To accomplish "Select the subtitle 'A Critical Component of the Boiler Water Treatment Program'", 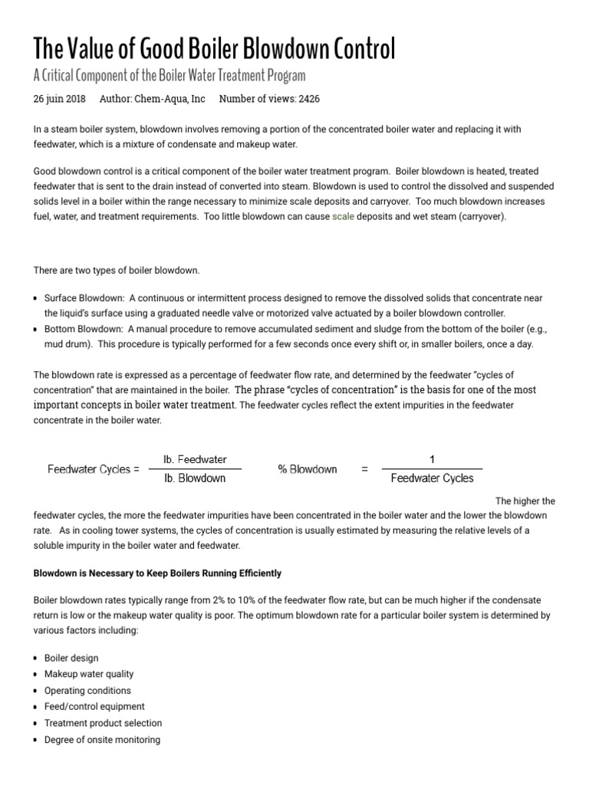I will (x=169, y=76).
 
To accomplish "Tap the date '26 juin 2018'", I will (x=60, y=99).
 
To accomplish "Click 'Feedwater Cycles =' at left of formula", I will (x=94, y=469).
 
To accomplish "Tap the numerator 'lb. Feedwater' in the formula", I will (x=195, y=459).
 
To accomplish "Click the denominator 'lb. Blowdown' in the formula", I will (x=195, y=478).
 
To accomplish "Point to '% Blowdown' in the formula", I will (x=307, y=469).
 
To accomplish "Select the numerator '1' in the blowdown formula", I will (x=432, y=459).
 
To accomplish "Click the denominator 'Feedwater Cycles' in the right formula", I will (x=432, y=478).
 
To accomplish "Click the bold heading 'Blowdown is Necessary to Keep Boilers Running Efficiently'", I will (x=157, y=573).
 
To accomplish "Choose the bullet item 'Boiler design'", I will (x=71, y=658).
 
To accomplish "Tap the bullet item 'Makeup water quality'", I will (x=89, y=674).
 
